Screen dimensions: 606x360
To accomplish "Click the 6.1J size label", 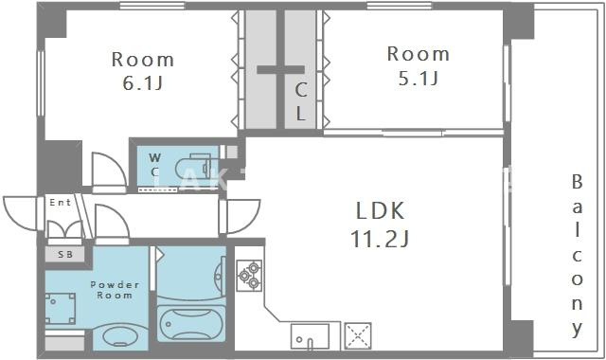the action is [x=142, y=82].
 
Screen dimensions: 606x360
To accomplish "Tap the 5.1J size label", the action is [x=419, y=79].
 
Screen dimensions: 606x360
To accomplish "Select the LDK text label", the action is [x=380, y=210].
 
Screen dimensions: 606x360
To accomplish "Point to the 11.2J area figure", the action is [x=380, y=238].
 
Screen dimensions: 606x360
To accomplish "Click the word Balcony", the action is [x=577, y=256].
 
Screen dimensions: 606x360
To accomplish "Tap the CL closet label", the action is [x=301, y=101].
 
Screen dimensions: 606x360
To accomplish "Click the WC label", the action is [x=155, y=164].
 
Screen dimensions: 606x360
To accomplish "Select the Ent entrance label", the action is [x=61, y=202].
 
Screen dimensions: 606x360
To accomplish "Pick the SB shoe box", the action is [x=65, y=255].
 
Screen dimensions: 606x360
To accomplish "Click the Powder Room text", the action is [x=115, y=290].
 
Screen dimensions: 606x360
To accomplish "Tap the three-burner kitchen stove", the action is [x=249, y=276].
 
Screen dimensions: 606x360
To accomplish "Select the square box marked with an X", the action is [x=358, y=335].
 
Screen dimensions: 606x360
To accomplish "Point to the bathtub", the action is [x=191, y=324].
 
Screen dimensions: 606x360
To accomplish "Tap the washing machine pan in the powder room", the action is [x=61, y=308].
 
